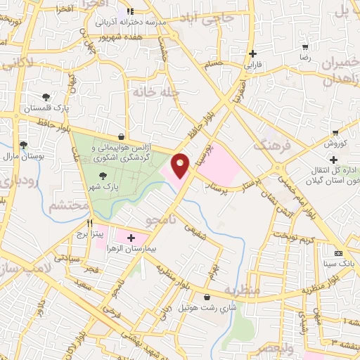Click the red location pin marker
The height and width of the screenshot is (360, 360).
point(181,166)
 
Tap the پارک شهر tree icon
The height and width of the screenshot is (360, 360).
point(103,176)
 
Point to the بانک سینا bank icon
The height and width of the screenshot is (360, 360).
point(339,253)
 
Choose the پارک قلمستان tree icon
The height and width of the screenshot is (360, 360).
point(46,97)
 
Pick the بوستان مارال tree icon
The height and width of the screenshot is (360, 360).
point(24,146)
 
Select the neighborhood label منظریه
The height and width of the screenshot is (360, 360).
point(243,290)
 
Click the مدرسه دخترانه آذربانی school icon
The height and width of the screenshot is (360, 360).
point(129,11)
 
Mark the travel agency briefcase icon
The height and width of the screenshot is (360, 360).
point(123,137)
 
